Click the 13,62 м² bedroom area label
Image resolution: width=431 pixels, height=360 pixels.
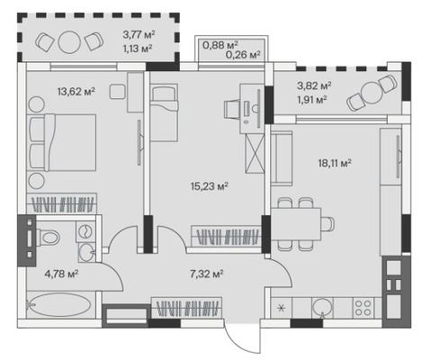(x=76, y=91)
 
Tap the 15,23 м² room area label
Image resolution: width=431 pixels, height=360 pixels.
(x=210, y=186)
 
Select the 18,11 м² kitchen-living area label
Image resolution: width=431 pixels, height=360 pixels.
(x=335, y=164)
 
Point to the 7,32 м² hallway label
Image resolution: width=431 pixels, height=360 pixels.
(x=207, y=274)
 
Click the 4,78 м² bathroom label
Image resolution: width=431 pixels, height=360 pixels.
(x=61, y=274)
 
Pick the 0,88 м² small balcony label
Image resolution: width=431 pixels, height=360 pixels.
(x=220, y=45)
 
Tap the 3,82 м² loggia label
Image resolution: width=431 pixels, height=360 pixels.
(x=314, y=86)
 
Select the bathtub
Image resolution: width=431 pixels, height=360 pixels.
(x=58, y=305)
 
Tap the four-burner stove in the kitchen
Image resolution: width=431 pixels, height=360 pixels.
(x=364, y=308)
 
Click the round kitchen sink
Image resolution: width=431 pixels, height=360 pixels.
(x=322, y=307)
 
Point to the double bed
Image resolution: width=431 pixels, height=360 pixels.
(x=62, y=142)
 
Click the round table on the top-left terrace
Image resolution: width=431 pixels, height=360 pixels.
(x=69, y=42)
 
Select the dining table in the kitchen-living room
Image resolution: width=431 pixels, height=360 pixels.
(x=296, y=224)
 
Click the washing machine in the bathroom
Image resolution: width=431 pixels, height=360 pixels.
(x=85, y=231)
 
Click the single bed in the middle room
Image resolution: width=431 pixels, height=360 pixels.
(x=164, y=112)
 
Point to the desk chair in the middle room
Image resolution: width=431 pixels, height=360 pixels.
(x=233, y=109)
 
